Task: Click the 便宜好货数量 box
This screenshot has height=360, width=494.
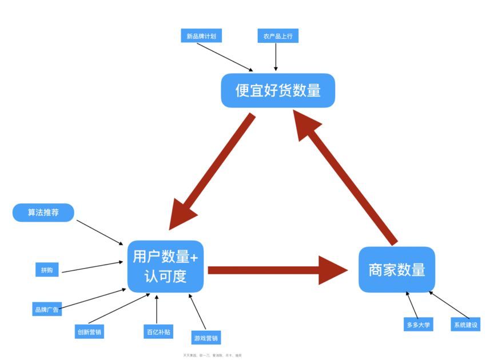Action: [x=278, y=90]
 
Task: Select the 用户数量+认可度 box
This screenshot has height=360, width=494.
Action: [x=165, y=266]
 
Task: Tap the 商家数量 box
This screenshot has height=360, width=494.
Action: [x=397, y=270]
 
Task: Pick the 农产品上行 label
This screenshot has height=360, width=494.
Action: [x=277, y=36]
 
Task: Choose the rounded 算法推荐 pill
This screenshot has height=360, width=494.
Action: [x=43, y=213]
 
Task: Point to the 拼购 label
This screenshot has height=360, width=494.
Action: [x=47, y=270]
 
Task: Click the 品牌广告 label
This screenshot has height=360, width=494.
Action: [x=47, y=309]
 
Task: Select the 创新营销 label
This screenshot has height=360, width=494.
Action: [x=90, y=331]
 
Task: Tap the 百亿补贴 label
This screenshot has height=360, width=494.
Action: [x=157, y=331]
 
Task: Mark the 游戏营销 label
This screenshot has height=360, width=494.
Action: [x=206, y=338]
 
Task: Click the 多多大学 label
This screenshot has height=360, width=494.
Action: [x=418, y=325]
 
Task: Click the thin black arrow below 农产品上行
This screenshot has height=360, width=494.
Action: [x=276, y=57]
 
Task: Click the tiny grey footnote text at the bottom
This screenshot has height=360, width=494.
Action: [x=212, y=355]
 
